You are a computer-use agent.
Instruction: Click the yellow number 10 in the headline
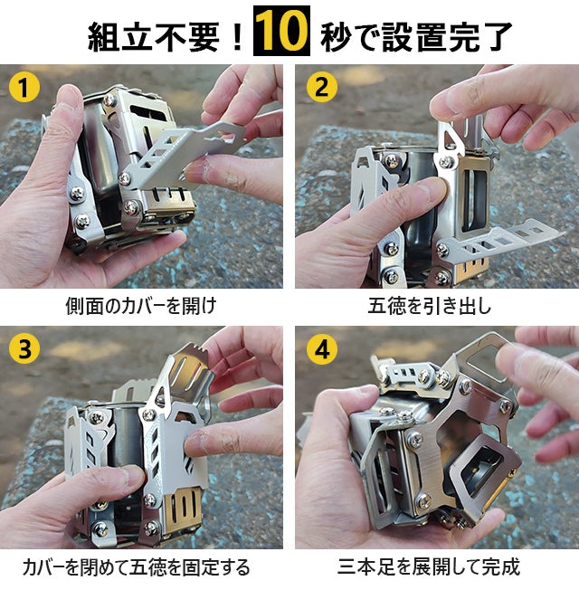(281, 31)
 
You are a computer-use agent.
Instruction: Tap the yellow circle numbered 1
(24, 87)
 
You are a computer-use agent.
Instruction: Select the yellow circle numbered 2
(322, 87)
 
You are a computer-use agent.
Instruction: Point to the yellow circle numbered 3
(24, 348)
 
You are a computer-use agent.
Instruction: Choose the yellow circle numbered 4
(322, 348)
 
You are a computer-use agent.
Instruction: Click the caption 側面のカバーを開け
(141, 306)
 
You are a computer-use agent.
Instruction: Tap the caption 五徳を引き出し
(430, 306)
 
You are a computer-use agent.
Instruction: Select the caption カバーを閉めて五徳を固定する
(137, 567)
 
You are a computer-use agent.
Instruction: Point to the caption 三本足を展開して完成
(429, 567)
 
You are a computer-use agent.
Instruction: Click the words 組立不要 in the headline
(154, 36)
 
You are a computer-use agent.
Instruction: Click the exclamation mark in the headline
(237, 36)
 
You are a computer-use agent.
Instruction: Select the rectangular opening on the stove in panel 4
(481, 469)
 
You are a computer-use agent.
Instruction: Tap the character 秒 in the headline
(336, 36)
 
